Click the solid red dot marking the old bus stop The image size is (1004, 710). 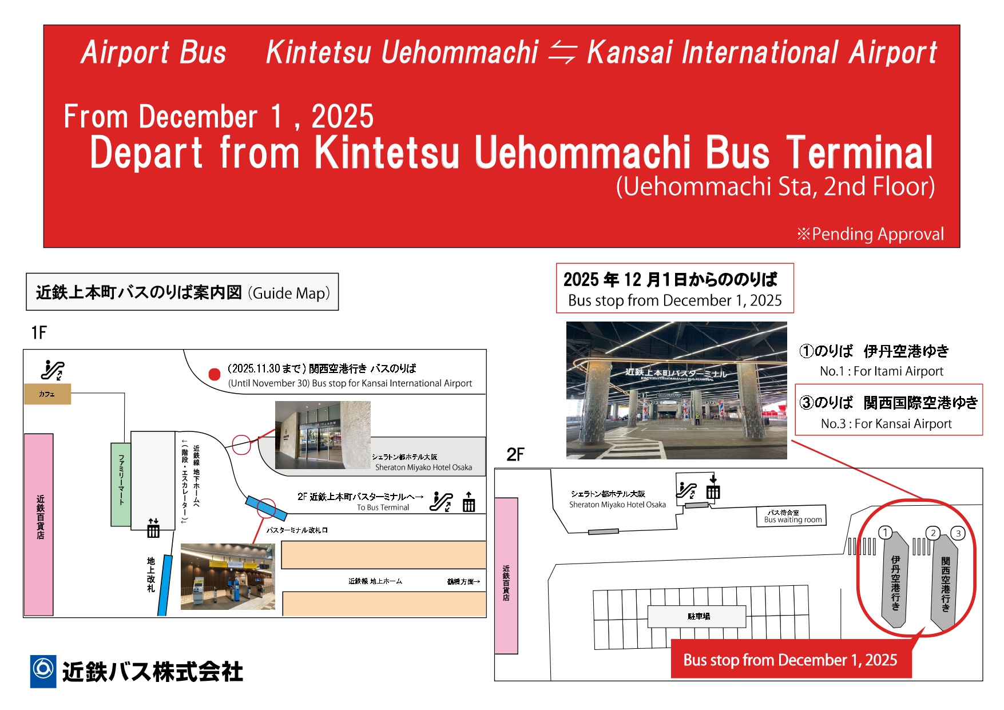click(215, 374)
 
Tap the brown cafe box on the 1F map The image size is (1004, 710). click(47, 394)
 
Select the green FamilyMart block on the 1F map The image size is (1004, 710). click(121, 484)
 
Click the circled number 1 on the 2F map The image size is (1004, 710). click(885, 533)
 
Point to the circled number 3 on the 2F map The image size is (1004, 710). click(958, 533)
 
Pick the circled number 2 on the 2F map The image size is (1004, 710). click(933, 533)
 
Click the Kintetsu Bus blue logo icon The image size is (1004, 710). click(43, 671)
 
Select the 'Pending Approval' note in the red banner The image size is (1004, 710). click(870, 234)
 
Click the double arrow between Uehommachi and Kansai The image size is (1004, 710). click(562, 53)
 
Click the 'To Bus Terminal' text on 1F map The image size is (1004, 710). click(383, 507)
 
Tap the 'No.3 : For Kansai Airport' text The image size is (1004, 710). click(886, 424)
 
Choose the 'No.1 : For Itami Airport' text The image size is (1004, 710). click(882, 371)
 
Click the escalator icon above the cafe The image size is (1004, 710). click(53, 370)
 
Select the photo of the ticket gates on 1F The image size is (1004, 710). click(228, 577)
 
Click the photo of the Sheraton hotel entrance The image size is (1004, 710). click(323, 435)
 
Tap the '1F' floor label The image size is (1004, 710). click(39, 332)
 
